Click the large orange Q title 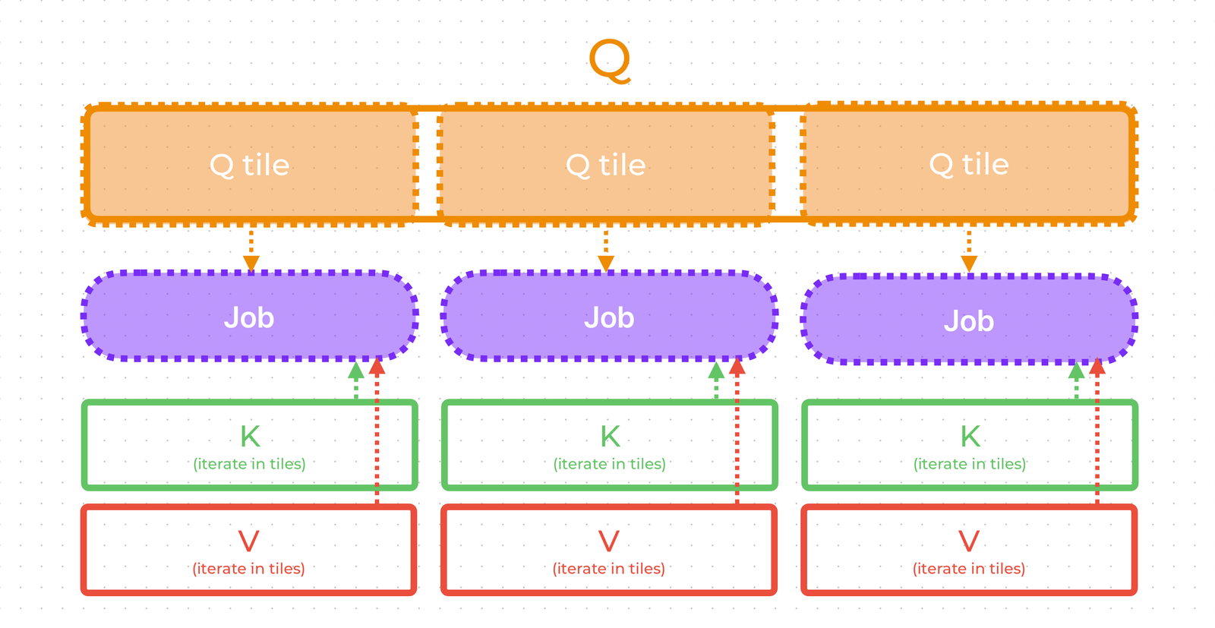pyautogui.click(x=610, y=61)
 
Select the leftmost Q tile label pyautogui.click(x=249, y=165)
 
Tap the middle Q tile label pyautogui.click(x=606, y=165)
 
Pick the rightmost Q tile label pyautogui.click(x=969, y=164)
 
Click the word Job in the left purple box pyautogui.click(x=249, y=317)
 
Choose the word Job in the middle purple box pyautogui.click(x=609, y=317)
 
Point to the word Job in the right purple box pyautogui.click(x=969, y=321)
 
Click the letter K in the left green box pyautogui.click(x=250, y=437)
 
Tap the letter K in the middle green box pyautogui.click(x=610, y=437)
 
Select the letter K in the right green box pyautogui.click(x=970, y=437)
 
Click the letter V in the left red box pyautogui.click(x=248, y=541)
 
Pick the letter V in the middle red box pyautogui.click(x=608, y=541)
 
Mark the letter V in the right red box pyautogui.click(x=968, y=541)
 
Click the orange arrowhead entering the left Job pyautogui.click(x=251, y=264)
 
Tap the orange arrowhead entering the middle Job pyautogui.click(x=606, y=264)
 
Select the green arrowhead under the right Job pyautogui.click(x=1076, y=371)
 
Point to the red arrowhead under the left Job pyautogui.click(x=377, y=368)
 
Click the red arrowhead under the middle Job pyautogui.click(x=737, y=368)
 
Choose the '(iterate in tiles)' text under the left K pyautogui.click(x=249, y=464)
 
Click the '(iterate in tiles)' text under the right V pyautogui.click(x=968, y=569)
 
